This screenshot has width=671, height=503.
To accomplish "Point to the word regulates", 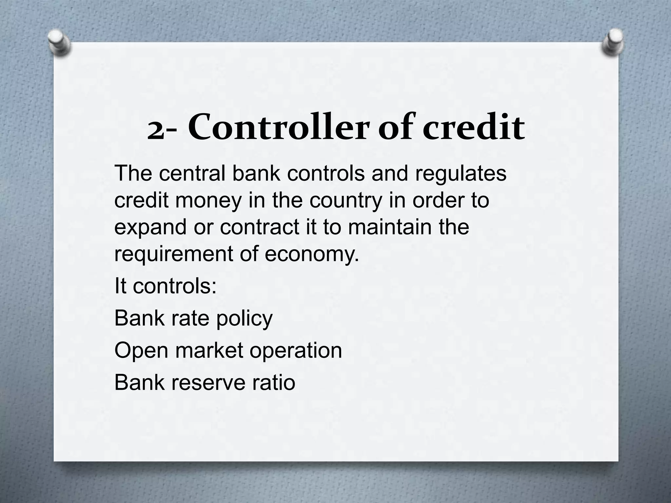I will pyautogui.click(x=461, y=174).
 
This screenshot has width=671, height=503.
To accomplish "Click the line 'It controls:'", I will pyautogui.click(x=165, y=286).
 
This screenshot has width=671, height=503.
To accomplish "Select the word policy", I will pyautogui.click(x=244, y=319).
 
